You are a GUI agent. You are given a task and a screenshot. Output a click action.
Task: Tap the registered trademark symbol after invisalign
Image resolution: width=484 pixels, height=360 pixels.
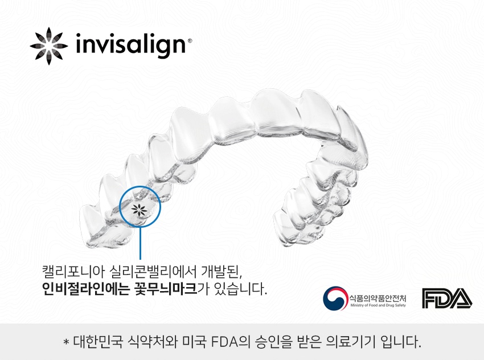(x=190, y=41)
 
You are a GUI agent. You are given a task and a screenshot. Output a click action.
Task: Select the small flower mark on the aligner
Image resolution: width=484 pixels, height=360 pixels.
(x=139, y=208)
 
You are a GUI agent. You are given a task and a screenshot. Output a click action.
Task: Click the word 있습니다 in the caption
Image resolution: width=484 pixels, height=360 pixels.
(x=238, y=288)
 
